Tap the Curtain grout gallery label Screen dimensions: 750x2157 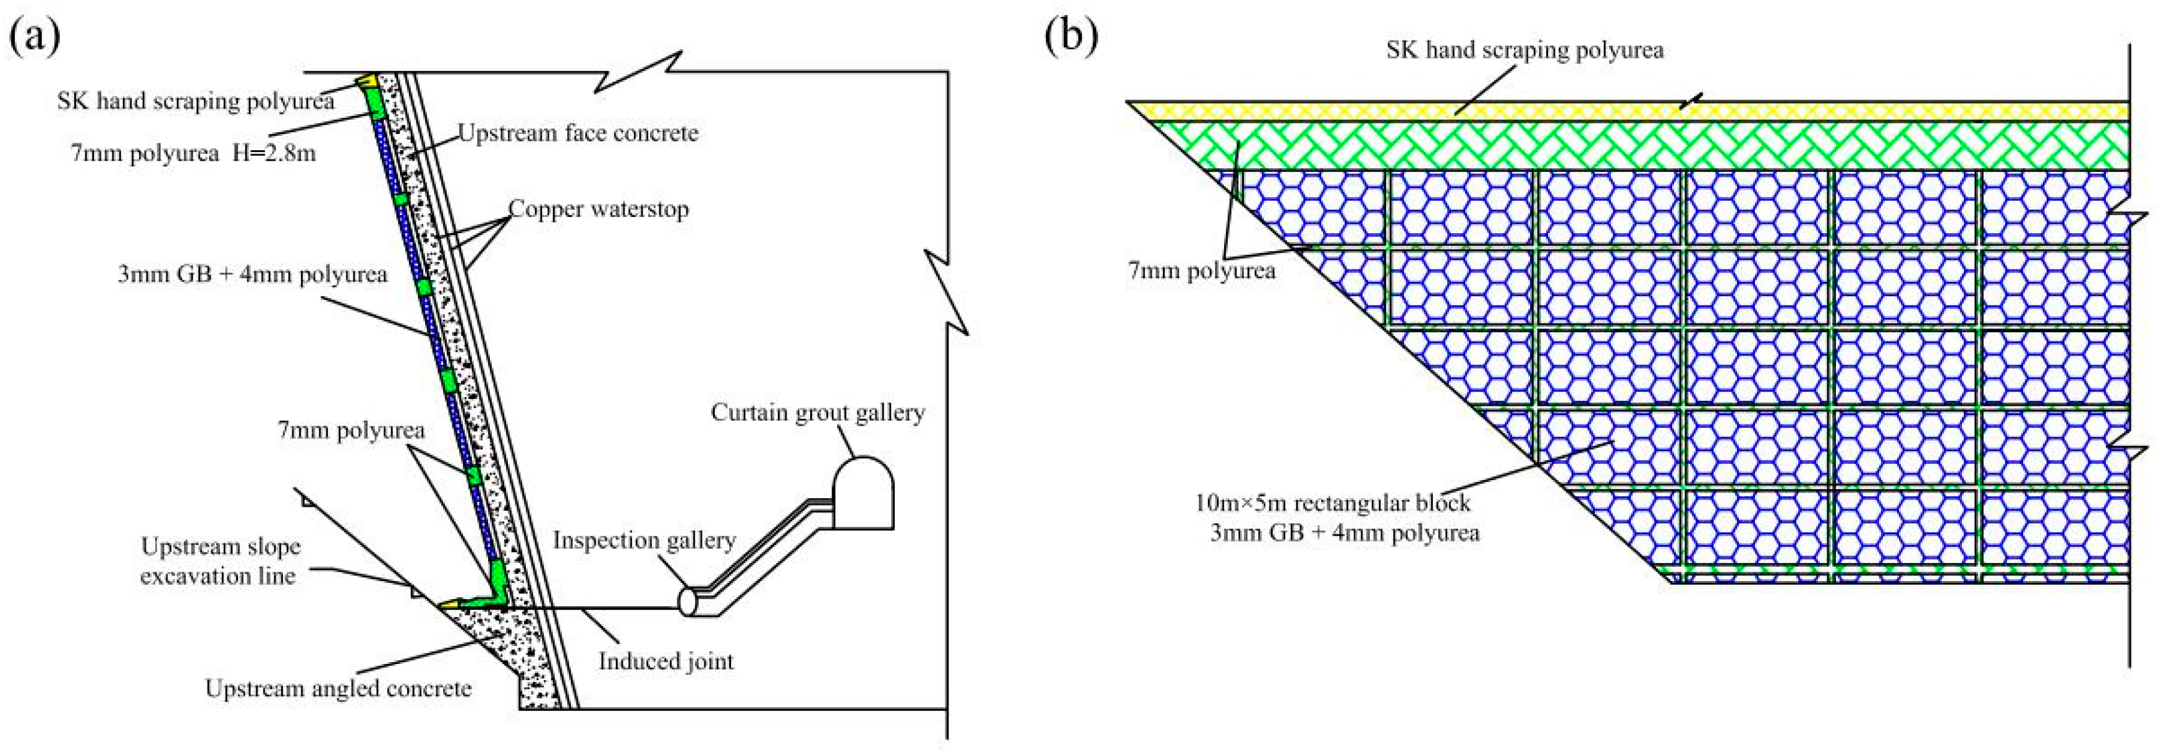817,412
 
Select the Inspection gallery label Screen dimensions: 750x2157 644,540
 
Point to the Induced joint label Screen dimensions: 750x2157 666,661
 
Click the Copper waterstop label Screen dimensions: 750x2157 599,209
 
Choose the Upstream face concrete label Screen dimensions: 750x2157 578,132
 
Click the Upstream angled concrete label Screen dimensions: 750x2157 338,689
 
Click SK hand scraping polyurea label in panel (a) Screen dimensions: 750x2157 196,102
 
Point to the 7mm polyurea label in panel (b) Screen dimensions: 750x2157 1202,271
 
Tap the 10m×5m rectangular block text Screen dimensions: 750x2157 1331,502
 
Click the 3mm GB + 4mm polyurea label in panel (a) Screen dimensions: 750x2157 253,274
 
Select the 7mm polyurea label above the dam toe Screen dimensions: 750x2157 352,431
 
